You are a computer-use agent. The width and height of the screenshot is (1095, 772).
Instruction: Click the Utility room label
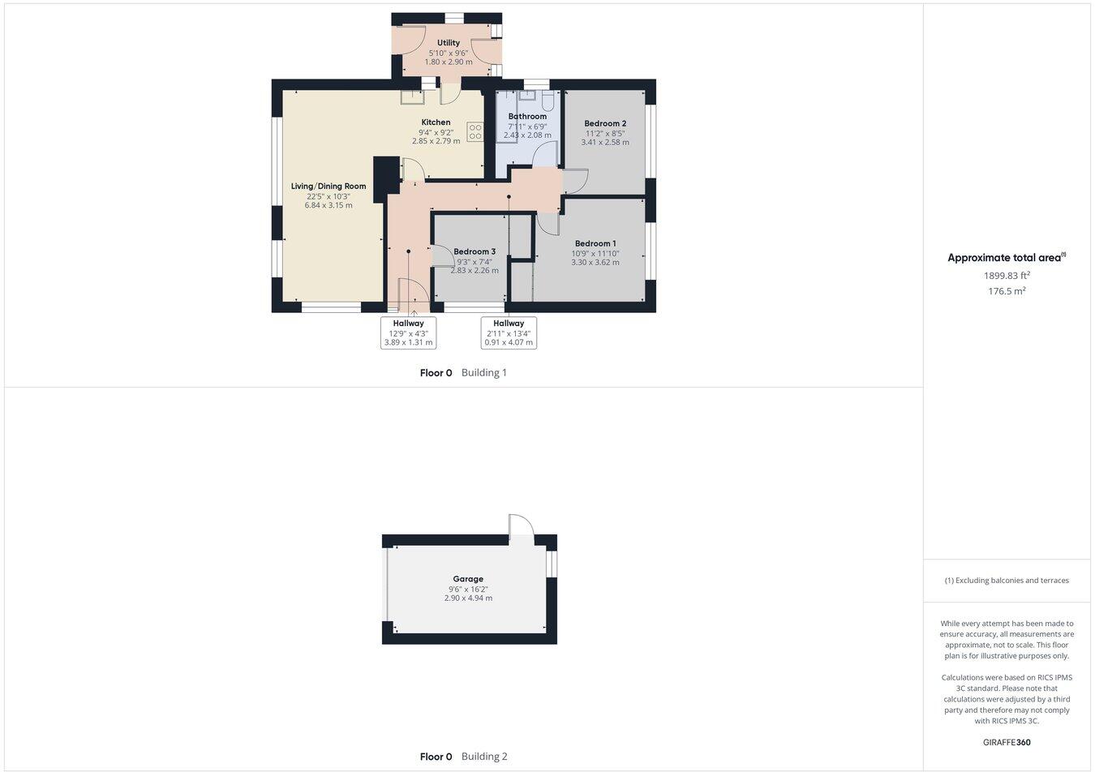point(448,43)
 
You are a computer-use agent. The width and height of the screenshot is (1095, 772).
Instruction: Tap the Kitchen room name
point(436,122)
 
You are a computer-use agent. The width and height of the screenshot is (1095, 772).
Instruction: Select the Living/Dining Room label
point(328,187)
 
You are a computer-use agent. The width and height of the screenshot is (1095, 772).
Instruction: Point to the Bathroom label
point(527,117)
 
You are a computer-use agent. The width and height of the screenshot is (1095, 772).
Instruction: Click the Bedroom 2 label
point(605,124)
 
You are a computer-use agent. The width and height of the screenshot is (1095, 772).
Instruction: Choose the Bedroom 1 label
point(595,243)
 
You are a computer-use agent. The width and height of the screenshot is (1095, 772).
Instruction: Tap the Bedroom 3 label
point(474,251)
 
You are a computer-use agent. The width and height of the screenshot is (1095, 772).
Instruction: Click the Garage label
point(468,579)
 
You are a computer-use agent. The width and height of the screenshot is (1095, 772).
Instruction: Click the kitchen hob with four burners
point(475,131)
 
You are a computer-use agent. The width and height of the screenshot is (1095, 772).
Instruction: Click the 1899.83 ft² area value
point(1007,276)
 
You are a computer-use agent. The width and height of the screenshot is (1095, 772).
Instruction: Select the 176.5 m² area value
point(1007,291)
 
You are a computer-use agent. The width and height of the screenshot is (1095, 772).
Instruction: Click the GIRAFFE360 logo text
point(1007,742)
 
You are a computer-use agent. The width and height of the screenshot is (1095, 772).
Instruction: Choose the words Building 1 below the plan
point(484,373)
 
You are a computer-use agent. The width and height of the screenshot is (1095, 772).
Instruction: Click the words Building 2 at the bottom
point(484,757)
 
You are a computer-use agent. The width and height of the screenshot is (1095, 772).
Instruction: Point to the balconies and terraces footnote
point(1007,581)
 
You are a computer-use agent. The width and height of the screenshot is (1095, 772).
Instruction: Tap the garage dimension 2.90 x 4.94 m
point(468,598)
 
